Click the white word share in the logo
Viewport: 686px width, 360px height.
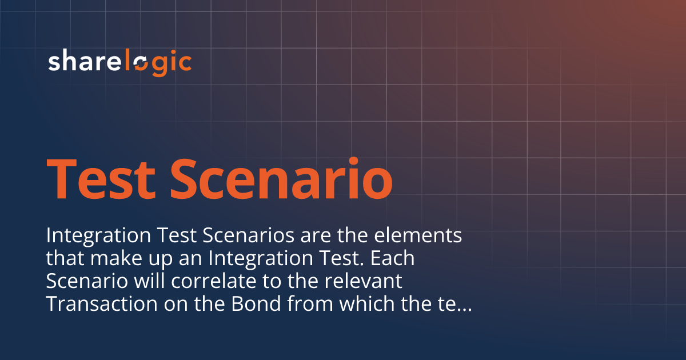pos(85,60)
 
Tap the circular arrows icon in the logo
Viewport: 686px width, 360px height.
pos(141,64)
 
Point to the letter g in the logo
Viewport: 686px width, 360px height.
pos(159,65)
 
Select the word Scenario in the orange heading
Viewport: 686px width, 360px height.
pos(281,178)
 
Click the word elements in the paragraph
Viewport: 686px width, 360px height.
pos(418,235)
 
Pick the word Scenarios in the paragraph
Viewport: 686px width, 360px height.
pos(248,235)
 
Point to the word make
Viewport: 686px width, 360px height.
pos(116,258)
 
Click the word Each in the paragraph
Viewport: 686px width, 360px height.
pos(392,258)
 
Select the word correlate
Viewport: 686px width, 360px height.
pos(214,281)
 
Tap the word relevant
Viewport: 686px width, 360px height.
pos(363,281)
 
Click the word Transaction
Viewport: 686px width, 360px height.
pos(102,303)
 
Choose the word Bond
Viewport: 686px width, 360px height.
pos(256,303)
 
